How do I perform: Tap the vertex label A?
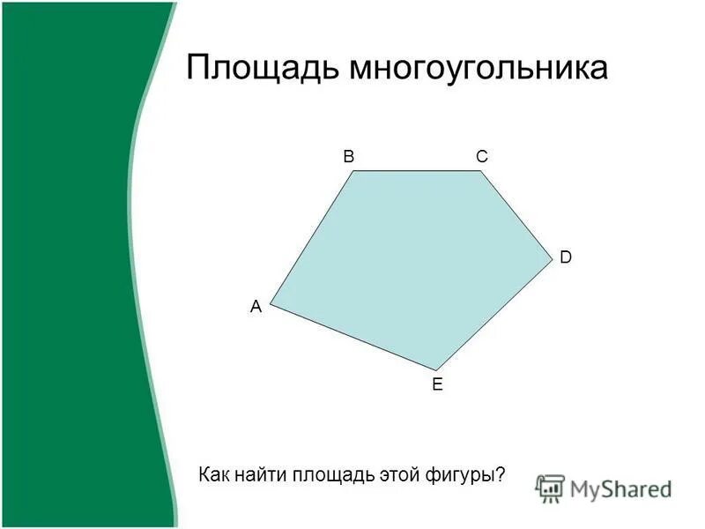point(256,307)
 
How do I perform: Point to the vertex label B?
point(349,156)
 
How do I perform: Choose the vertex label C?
point(481,156)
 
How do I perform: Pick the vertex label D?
point(566,257)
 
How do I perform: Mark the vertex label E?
point(436,384)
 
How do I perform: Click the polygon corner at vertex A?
point(271,304)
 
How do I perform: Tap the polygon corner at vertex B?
point(354,171)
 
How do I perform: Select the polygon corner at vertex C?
point(482,171)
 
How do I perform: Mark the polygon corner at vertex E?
point(435,369)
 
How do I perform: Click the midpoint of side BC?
point(419,171)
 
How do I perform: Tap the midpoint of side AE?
point(352,337)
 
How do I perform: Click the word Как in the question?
point(215,474)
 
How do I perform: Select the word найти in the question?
point(259,474)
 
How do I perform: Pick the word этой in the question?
point(401,474)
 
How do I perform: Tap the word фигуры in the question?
point(468,474)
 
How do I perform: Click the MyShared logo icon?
point(550,488)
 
